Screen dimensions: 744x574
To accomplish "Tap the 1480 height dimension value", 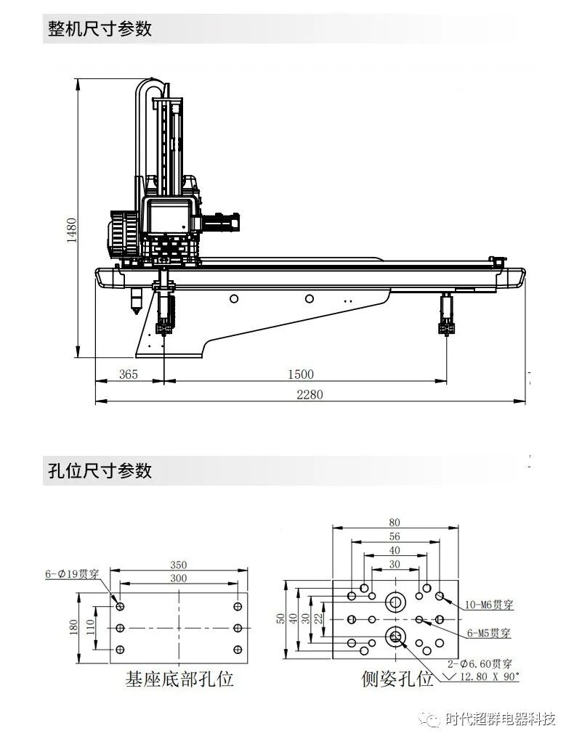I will [x=72, y=231].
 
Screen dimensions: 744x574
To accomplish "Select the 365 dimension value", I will [x=128, y=375].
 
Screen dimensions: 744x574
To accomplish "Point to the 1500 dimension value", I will [x=301, y=375].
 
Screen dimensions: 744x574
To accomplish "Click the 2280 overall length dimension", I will [x=309, y=395].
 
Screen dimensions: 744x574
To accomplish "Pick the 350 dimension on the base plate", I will [x=179, y=565].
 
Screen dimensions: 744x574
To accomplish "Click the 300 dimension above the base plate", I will [x=179, y=578].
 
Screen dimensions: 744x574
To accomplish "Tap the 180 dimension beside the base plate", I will [x=73, y=627].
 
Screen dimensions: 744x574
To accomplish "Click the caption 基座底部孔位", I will [x=179, y=679].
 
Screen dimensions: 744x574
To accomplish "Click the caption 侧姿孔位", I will [x=397, y=679].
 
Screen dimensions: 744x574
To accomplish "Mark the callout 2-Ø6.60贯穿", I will [x=480, y=663].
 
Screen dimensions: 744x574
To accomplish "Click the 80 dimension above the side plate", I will [x=395, y=522].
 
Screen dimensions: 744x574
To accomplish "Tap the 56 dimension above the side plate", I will [x=395, y=536].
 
